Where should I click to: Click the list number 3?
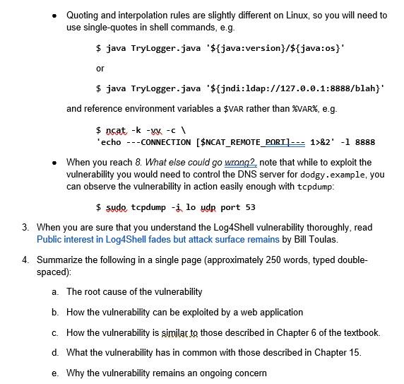click(25, 228)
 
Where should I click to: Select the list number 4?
click(25, 260)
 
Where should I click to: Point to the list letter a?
click(55, 291)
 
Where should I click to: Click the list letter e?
click(55, 373)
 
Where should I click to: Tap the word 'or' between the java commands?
click(100, 69)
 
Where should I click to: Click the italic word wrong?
click(241, 162)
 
